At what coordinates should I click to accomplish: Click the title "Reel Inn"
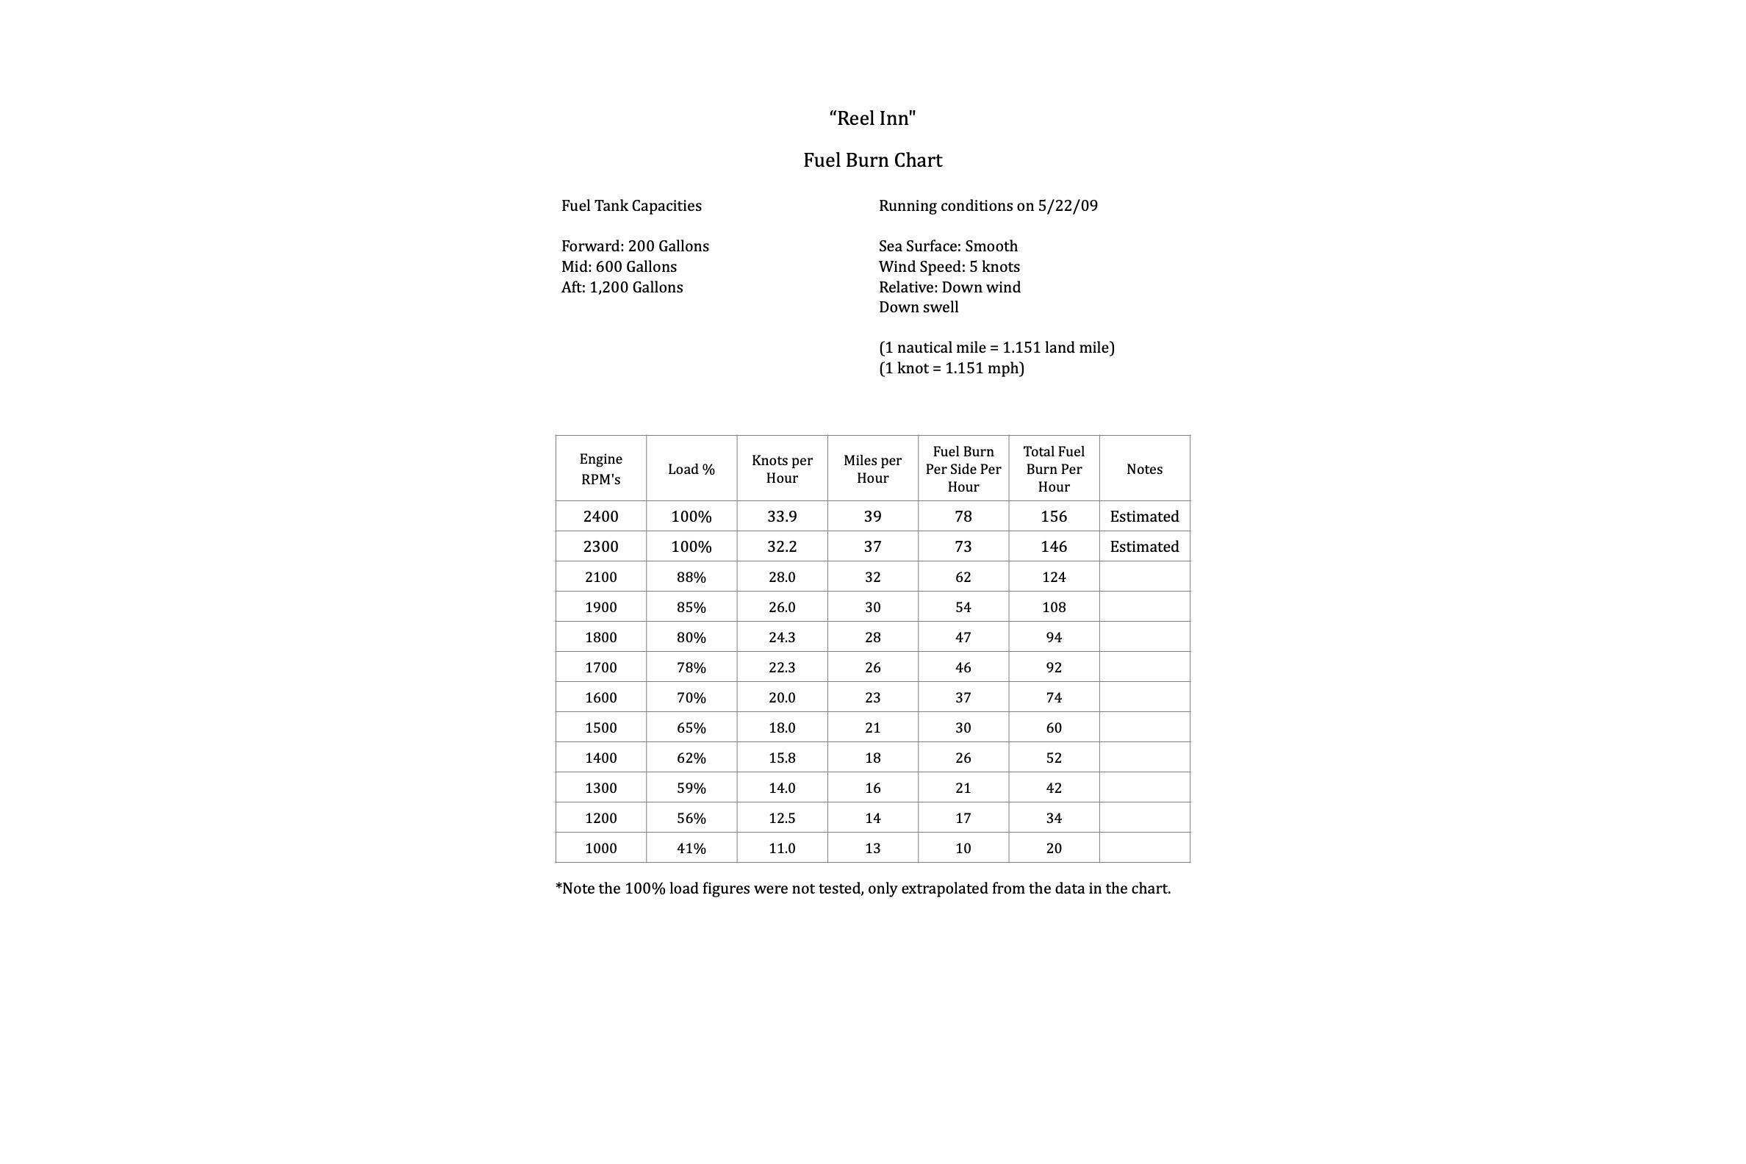click(872, 118)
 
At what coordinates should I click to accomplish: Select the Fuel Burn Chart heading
click(872, 160)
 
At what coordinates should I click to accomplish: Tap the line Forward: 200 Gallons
click(635, 246)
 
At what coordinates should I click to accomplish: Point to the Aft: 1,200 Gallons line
click(622, 287)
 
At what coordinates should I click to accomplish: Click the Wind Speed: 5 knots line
click(949, 267)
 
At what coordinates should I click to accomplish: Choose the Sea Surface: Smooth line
click(948, 246)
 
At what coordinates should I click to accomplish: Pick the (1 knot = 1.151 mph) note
click(951, 368)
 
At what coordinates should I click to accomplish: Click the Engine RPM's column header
click(600, 469)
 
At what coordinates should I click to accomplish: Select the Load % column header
click(691, 469)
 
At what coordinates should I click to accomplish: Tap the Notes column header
click(1144, 469)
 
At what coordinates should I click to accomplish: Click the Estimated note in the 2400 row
click(1144, 517)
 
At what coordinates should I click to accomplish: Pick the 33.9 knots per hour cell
click(782, 517)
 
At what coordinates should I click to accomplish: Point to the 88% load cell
click(691, 578)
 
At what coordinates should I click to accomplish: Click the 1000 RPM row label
click(600, 849)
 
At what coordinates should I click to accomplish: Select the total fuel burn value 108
click(1053, 607)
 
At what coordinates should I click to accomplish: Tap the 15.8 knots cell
click(782, 758)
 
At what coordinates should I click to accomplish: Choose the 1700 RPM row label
click(600, 667)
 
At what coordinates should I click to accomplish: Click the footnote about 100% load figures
click(863, 888)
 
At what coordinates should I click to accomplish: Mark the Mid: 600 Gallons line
click(619, 267)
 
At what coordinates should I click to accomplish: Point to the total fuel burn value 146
click(1053, 547)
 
